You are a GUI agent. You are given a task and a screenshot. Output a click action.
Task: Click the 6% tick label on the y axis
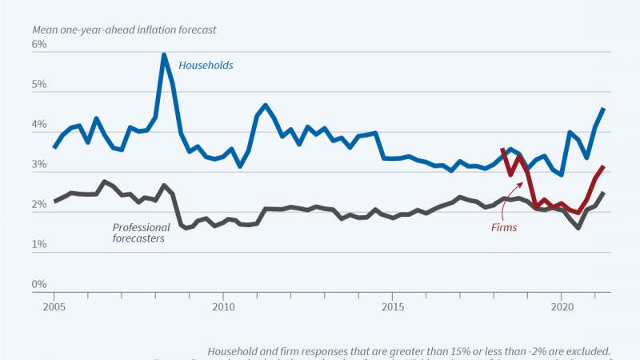(40, 45)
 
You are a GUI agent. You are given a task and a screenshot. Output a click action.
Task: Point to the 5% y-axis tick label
(40, 85)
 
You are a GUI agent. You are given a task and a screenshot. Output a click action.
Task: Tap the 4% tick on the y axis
(40, 125)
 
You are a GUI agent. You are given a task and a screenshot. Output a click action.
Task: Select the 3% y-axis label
(40, 165)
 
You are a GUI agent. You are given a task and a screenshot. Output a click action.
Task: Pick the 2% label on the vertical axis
(40, 205)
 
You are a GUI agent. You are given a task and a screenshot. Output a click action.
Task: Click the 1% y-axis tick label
(40, 245)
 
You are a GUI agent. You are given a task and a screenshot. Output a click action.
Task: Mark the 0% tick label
(40, 285)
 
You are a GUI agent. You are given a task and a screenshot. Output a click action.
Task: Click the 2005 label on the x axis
(54, 306)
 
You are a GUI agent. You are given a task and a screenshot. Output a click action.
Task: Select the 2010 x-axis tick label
(222, 306)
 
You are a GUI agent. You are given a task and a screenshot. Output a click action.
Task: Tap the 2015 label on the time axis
(392, 306)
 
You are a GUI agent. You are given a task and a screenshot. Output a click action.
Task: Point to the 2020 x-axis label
(562, 306)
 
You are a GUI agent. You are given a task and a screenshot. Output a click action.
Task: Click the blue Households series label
(206, 65)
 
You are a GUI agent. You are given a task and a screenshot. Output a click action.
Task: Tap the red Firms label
(504, 227)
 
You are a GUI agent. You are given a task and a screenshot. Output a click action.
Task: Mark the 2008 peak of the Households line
(164, 55)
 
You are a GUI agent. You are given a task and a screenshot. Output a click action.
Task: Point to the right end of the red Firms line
(603, 166)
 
